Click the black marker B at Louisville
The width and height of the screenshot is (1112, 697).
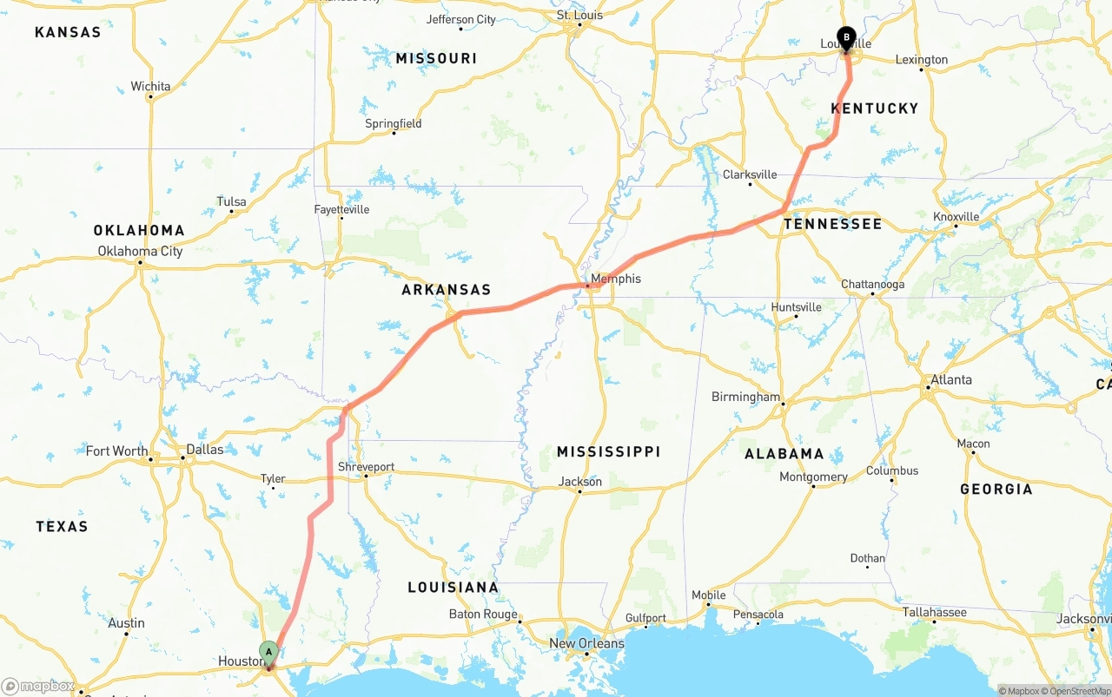point(845,38)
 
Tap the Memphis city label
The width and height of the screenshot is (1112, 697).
point(616,279)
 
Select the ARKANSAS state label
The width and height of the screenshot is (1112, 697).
point(446,290)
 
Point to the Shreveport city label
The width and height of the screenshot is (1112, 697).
point(366,467)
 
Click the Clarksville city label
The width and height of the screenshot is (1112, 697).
point(750,174)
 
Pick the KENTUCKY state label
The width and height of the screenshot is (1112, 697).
point(874,108)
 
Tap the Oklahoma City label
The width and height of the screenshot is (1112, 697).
point(141,252)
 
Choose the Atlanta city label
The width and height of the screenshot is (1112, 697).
point(950,380)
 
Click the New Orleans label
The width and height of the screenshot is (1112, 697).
point(586,643)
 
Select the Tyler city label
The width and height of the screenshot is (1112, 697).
point(273,478)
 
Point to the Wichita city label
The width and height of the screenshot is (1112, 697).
point(150,86)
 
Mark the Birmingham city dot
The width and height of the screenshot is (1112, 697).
point(783,404)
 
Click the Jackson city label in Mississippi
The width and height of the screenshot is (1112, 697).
point(580,482)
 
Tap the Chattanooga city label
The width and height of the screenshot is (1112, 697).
point(872,285)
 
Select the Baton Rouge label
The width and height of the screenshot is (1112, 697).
point(483,615)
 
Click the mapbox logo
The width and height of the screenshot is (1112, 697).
point(38,686)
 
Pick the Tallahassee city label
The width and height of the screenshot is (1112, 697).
point(934,613)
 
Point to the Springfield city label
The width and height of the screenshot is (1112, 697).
point(393,123)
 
